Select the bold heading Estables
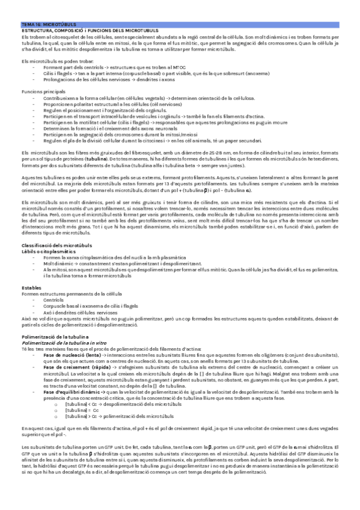31,271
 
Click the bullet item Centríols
53,282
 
